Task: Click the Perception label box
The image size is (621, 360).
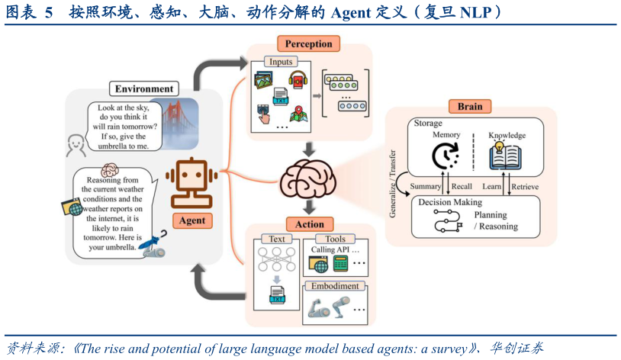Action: point(309,44)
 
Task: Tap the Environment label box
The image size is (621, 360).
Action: point(144,88)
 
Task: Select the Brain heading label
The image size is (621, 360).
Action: point(470,106)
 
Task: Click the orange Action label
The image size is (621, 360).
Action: point(309,224)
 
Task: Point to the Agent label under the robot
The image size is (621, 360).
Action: point(192,221)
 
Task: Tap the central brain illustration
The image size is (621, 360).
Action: point(309,182)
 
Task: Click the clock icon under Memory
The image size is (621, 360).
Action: point(446,156)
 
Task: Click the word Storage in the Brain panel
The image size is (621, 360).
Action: point(428,124)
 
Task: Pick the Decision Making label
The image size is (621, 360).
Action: point(451,202)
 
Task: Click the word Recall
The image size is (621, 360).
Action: point(462,186)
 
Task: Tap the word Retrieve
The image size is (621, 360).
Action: point(524,186)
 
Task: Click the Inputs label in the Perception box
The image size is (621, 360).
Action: point(280,61)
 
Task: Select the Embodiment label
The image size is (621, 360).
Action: point(335,286)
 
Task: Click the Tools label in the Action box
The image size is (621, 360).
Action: point(335,239)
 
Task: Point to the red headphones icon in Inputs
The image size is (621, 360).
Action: point(297,79)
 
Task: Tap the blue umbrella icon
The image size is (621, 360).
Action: point(157,243)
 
